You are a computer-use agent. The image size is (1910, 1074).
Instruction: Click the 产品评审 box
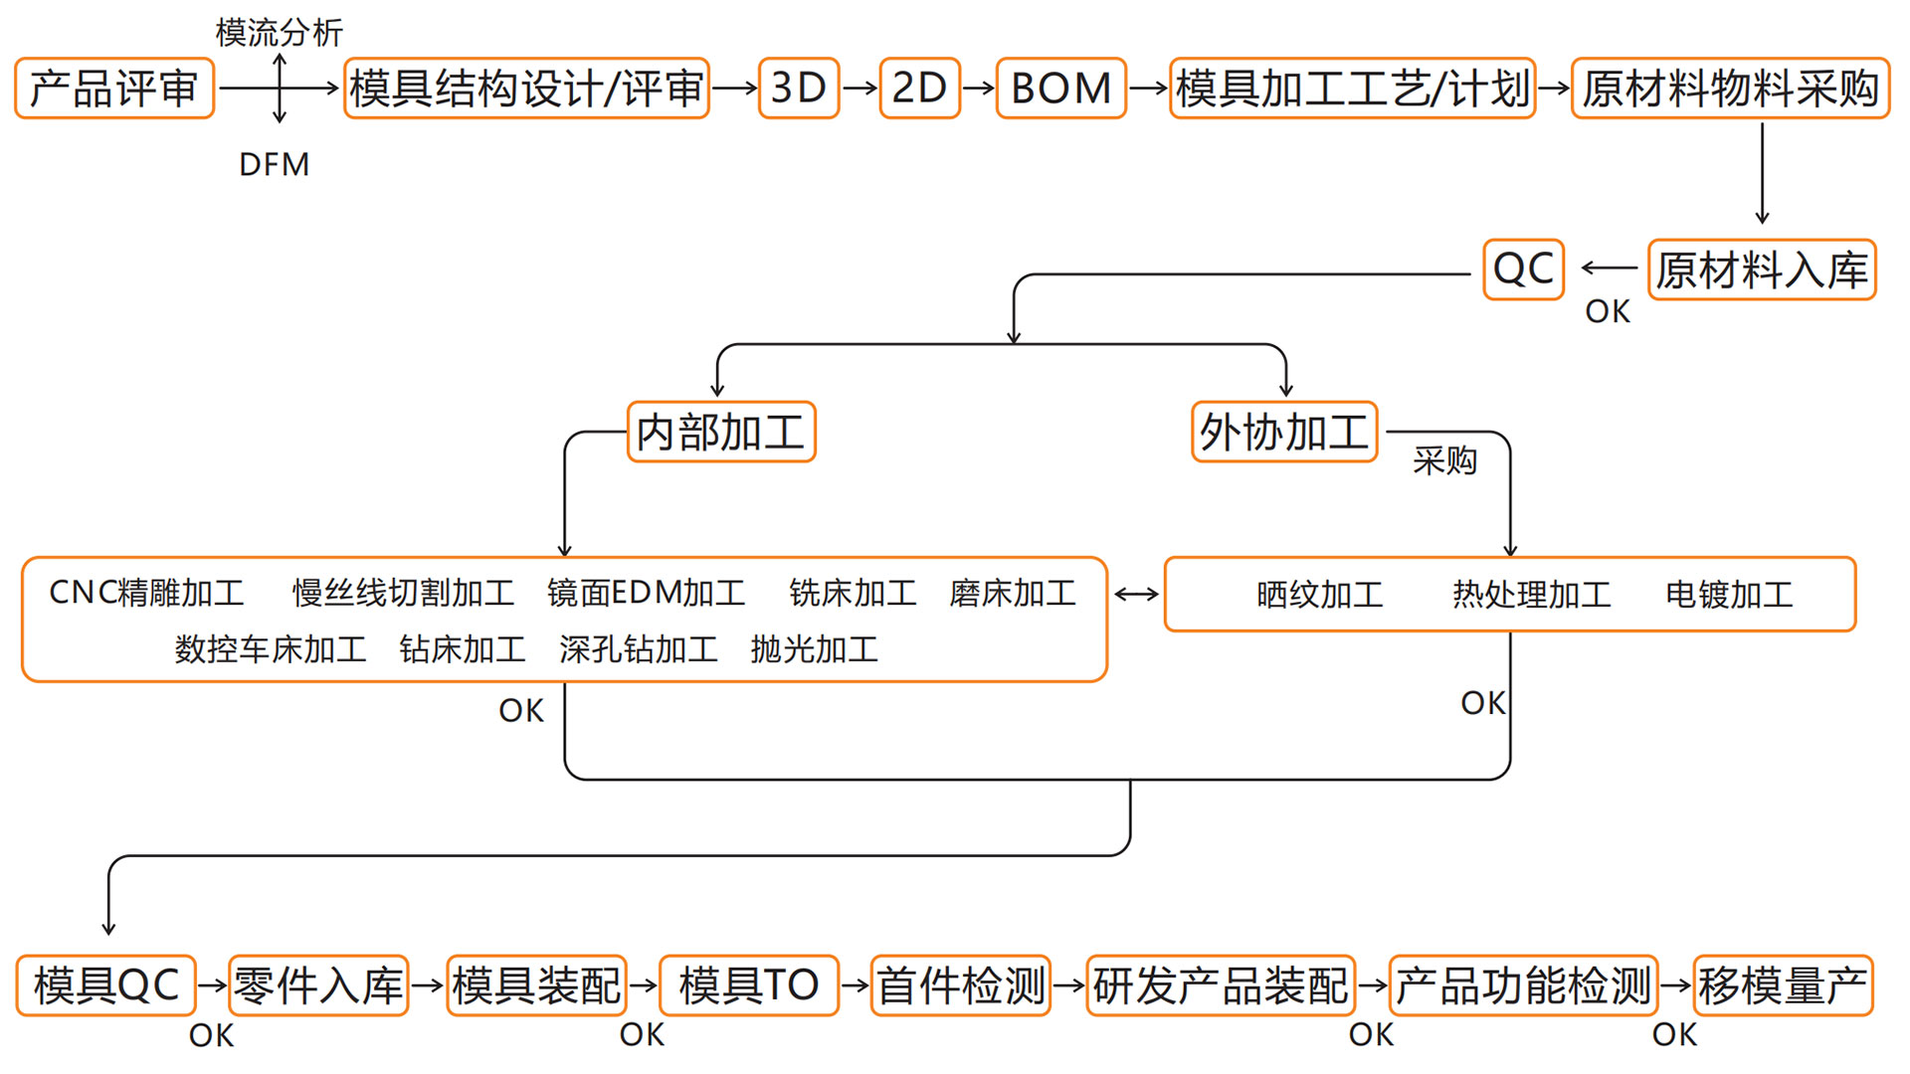(114, 89)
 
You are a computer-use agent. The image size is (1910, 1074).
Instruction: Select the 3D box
(799, 89)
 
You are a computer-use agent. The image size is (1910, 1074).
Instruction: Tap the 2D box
(919, 89)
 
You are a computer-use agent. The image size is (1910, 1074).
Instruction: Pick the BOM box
(1060, 89)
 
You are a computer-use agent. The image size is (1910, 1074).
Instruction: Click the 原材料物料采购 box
(1730, 89)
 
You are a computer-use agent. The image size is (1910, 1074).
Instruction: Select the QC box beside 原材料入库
(1523, 269)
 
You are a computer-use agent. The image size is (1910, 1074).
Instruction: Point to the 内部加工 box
(721, 432)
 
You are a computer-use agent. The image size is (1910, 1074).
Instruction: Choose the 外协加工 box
(1284, 432)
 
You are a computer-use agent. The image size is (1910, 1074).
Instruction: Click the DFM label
(275, 164)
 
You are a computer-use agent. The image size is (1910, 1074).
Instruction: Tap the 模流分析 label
(280, 33)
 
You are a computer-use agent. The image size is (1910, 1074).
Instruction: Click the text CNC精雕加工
(146, 593)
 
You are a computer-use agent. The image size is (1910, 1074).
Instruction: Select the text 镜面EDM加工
(646, 593)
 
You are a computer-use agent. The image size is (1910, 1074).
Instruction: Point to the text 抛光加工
(814, 649)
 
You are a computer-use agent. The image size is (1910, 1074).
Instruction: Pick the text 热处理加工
(1531, 595)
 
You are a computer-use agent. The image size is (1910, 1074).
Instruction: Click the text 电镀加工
(1729, 595)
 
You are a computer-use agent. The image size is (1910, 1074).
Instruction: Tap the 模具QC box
(105, 985)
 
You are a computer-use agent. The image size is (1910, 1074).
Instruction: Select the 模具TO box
(749, 985)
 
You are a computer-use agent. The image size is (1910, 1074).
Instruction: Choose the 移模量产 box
(1782, 985)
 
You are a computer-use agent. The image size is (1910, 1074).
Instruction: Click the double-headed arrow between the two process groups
(1136, 595)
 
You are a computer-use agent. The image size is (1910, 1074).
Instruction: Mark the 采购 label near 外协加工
(1444, 460)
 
